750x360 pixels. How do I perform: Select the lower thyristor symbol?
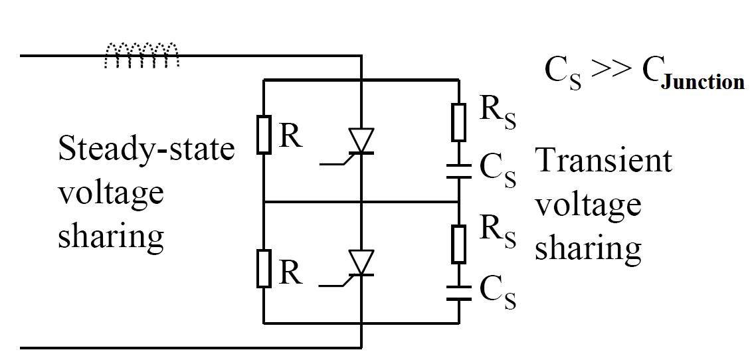pyautogui.click(x=361, y=263)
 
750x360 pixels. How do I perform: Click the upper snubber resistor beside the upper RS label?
pyautogui.click(x=459, y=122)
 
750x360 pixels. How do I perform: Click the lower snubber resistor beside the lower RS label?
pyautogui.click(x=459, y=243)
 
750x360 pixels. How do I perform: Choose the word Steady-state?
pyautogui.click(x=146, y=150)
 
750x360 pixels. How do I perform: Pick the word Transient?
pyautogui.click(x=603, y=161)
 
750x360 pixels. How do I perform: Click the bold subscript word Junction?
pyautogui.click(x=702, y=83)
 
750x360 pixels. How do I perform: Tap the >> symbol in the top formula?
pyautogui.click(x=607, y=72)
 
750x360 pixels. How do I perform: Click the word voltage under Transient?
pyautogui.click(x=588, y=205)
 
